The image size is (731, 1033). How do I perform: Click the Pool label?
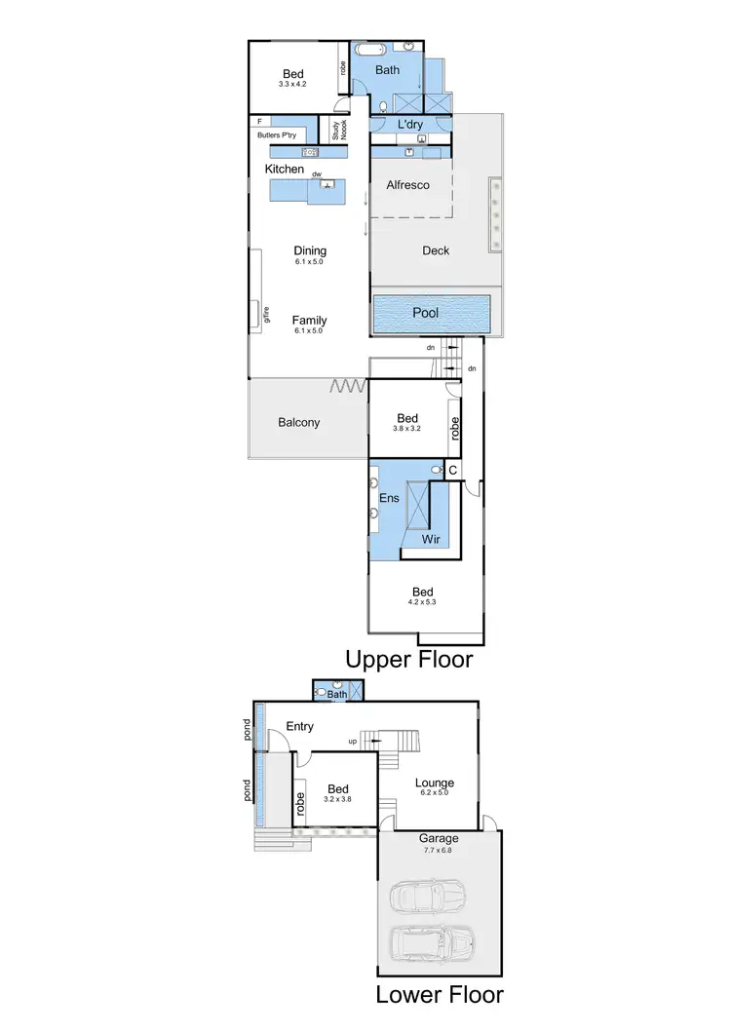425,313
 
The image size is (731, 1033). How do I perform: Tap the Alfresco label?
407,184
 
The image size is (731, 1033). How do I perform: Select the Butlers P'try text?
277,135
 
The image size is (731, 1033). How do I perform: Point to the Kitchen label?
285,170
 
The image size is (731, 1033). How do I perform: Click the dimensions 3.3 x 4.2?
292,85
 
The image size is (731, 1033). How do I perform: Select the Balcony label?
298,422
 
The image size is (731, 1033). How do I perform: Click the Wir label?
431,539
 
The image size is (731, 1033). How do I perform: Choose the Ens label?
390,498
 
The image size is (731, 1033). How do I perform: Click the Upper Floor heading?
408,660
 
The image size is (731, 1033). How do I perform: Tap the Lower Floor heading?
440,995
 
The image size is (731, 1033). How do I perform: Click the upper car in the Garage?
427,898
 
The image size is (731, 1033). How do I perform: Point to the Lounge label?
435,783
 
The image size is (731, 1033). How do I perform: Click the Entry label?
299,726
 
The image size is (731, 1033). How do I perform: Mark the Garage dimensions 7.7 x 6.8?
439,850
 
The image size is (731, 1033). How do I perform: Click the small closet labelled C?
452,470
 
